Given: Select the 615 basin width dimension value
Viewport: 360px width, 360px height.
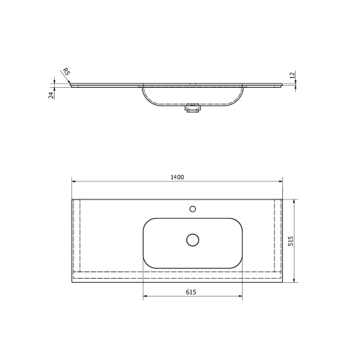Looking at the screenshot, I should coord(192,292).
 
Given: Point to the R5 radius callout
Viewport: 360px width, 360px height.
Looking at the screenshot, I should coord(66,72).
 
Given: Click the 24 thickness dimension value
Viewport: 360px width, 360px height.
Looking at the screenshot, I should coord(52,94).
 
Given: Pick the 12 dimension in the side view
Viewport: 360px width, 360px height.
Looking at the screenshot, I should coord(292,75).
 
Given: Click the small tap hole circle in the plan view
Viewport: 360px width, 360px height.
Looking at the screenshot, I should coord(192,209).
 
